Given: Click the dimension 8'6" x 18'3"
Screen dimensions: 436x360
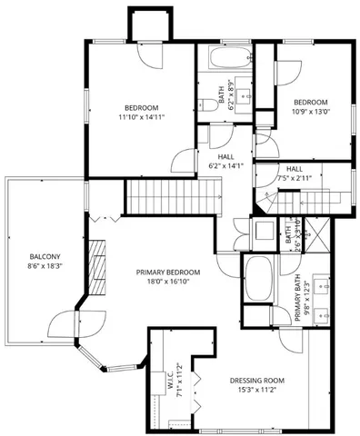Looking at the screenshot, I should tap(45, 267).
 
